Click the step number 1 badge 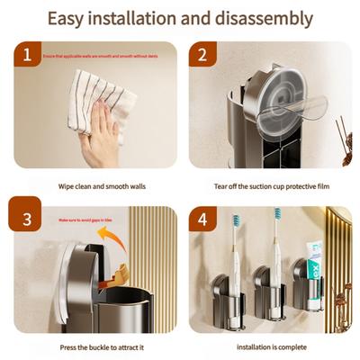[x=28, y=57]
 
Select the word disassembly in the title [x=265, y=18]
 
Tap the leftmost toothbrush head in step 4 [x=235, y=222]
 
